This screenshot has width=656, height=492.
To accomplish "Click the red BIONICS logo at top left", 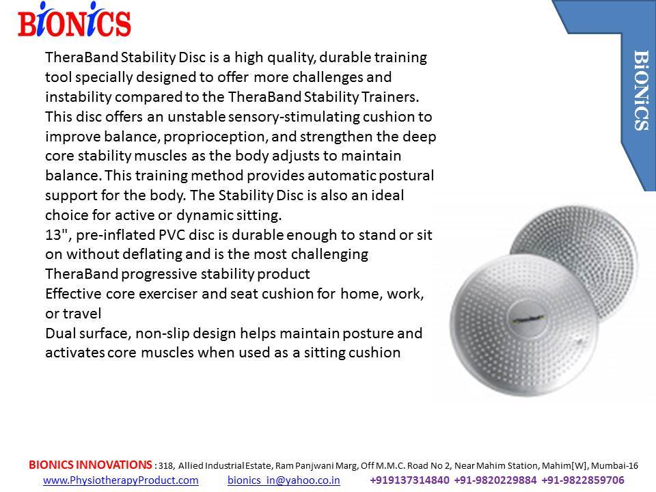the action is coord(74,20).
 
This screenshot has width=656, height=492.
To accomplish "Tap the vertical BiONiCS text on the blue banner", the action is coord(641,90).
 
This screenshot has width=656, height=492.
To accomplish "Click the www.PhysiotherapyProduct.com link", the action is coord(121,480).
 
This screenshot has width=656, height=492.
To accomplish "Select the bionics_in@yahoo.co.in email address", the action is coord(284,480).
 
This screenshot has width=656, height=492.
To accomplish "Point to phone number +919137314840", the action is coord(409,480).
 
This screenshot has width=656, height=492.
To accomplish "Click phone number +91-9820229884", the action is coord(495,480).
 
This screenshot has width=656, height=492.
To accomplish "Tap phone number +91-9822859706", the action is coord(583,480).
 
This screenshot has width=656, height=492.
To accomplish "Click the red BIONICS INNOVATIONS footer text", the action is coord(90,465).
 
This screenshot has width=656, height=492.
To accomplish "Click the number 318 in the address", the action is coord(165,465).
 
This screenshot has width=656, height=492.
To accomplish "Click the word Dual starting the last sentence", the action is coord(60,333).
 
